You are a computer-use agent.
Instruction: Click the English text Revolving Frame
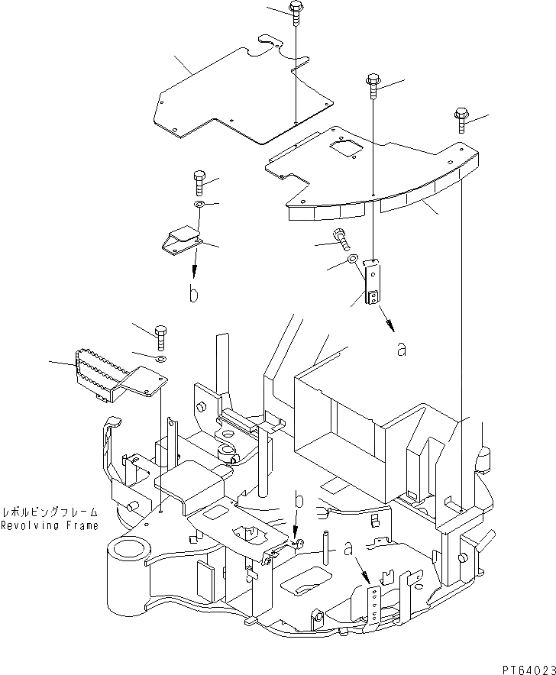(x=50, y=526)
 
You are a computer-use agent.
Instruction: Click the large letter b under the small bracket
(x=194, y=295)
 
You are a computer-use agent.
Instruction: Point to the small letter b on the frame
(x=299, y=500)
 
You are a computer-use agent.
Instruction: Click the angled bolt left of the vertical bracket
(x=341, y=241)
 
